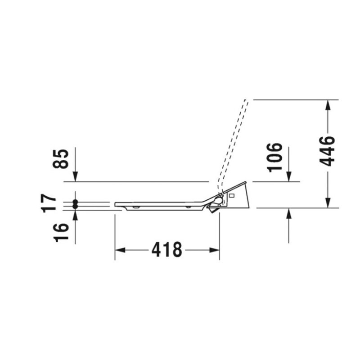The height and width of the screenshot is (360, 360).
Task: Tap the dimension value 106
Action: [275, 157]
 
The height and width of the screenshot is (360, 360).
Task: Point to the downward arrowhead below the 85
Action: [75, 177]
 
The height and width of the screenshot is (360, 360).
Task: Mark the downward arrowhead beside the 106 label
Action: [289, 177]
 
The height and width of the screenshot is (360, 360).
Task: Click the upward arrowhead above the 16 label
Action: [75, 214]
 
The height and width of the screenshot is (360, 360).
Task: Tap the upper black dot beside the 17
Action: [75, 202]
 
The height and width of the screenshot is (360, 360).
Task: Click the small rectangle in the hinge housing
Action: [232, 196]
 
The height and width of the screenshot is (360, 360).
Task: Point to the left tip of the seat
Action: [116, 204]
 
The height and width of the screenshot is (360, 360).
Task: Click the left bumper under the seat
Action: [135, 207]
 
